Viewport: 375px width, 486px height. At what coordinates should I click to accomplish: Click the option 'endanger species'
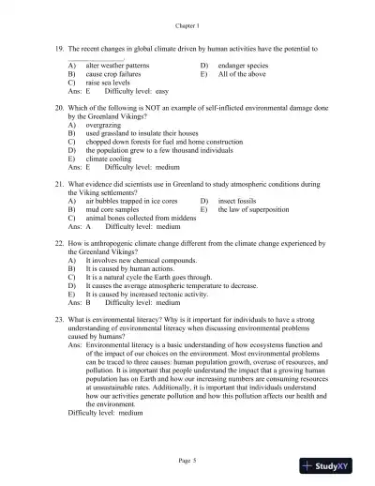(x=246, y=66)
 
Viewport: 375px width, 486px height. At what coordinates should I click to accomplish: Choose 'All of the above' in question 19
(x=242, y=74)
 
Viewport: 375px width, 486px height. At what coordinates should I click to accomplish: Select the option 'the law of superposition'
(x=257, y=209)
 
